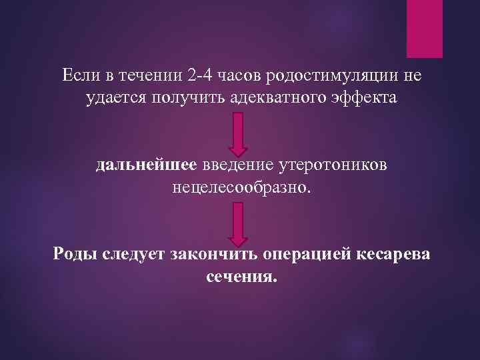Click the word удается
pyautogui.click(x=117, y=99)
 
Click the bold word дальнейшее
pyautogui.click(x=146, y=164)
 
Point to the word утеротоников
pyautogui.click(x=329, y=164)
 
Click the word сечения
pyautogui.click(x=240, y=276)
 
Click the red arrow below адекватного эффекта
pyautogui.click(x=238, y=134)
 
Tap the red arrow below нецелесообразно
pyautogui.click(x=238, y=224)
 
